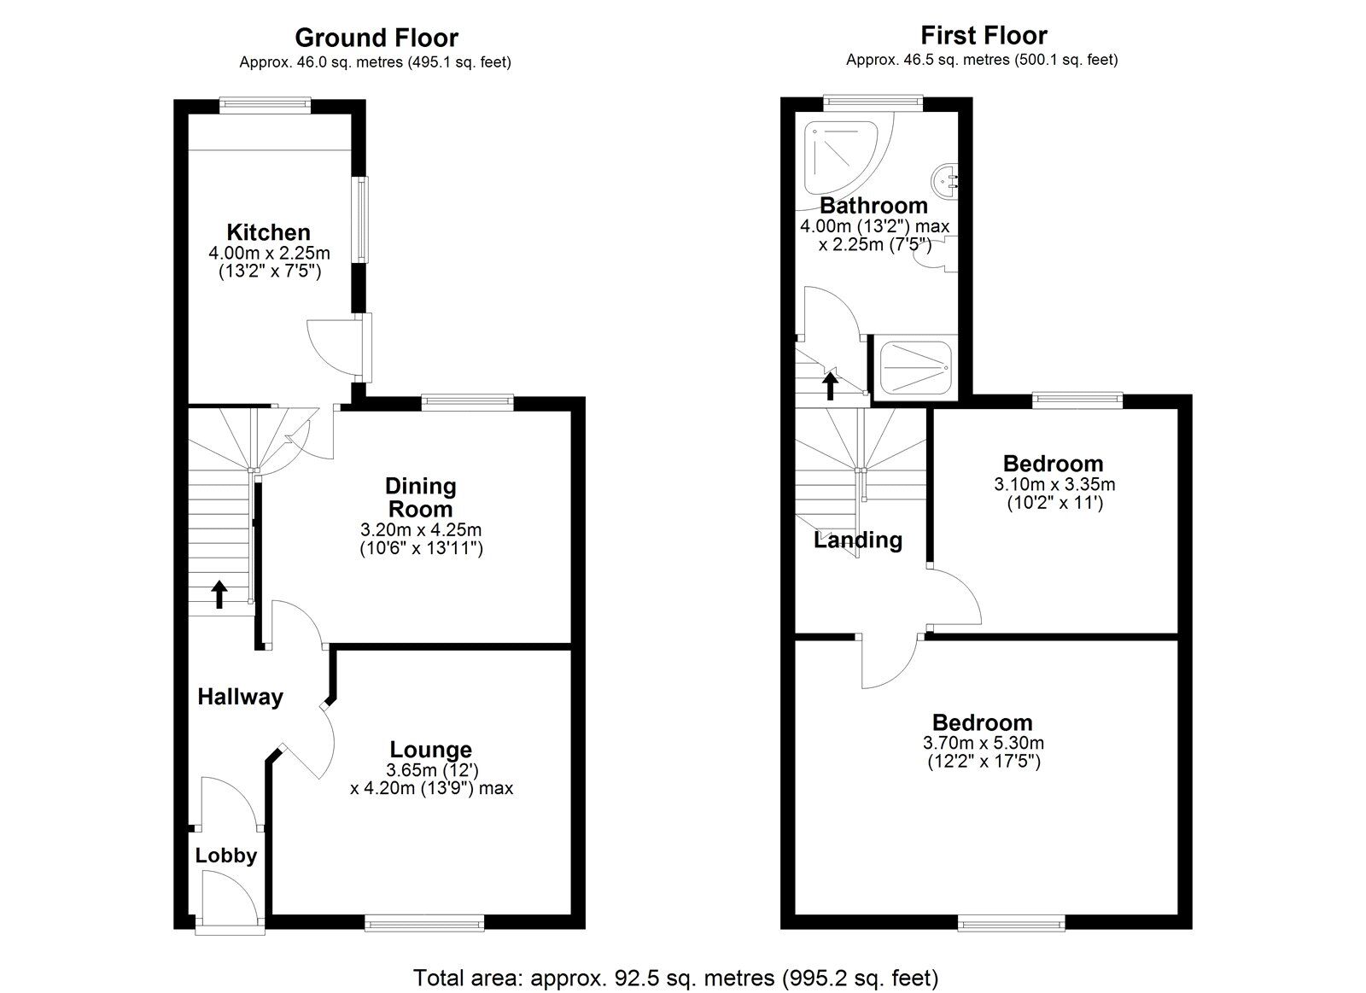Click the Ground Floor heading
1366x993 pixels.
click(376, 38)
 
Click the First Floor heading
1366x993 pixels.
click(984, 36)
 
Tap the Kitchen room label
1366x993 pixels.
click(268, 232)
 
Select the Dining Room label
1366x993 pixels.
click(421, 497)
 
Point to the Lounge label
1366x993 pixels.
click(430, 750)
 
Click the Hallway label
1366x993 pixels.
click(240, 697)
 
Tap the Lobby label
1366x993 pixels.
click(226, 856)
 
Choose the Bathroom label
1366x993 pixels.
click(873, 206)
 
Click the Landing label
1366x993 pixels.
click(857, 540)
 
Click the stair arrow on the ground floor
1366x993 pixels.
click(219, 593)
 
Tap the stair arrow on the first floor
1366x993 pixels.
click(829, 386)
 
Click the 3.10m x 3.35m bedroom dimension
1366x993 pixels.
click(1054, 484)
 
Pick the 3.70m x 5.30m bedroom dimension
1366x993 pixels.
click(983, 743)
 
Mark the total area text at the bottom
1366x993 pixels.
click(675, 977)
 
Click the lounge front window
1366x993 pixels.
click(423, 921)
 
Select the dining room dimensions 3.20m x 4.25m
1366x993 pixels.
click(421, 530)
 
